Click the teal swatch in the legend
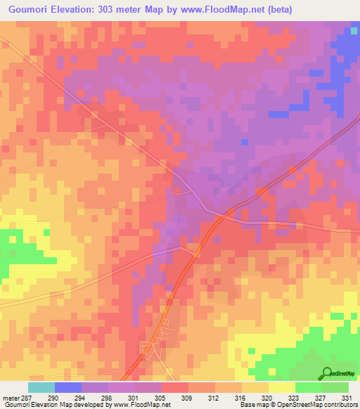(41, 387)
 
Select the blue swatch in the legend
(67, 387)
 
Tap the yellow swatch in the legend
(281, 387)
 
